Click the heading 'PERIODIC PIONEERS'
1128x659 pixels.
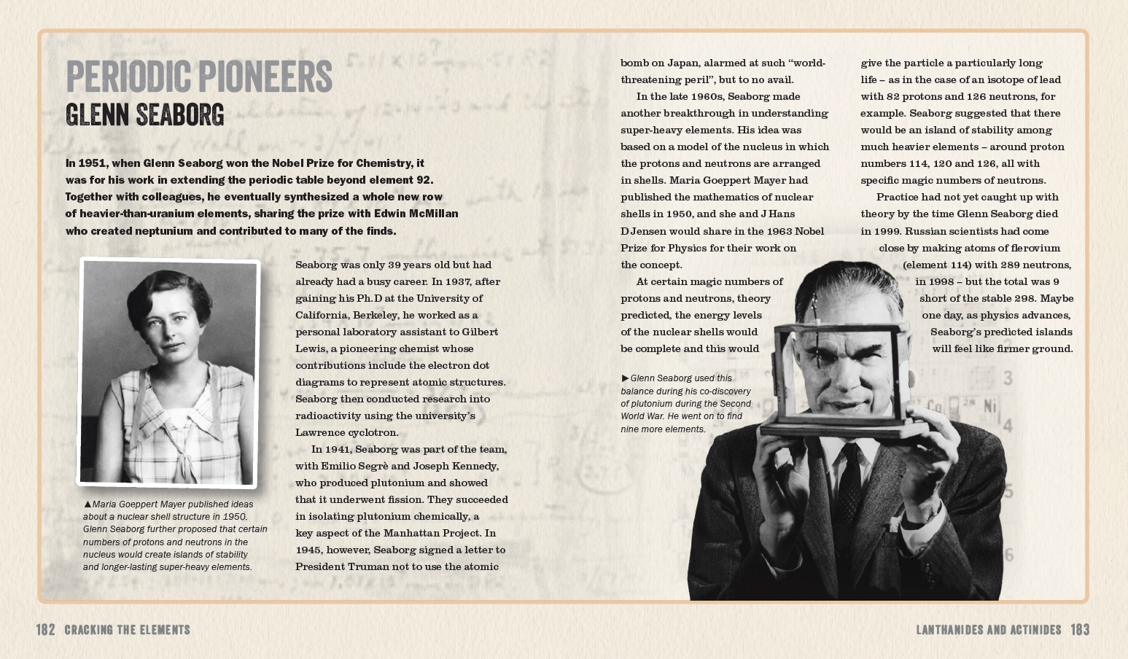pyautogui.click(x=198, y=77)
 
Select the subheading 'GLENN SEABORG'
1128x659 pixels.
pyautogui.click(x=144, y=115)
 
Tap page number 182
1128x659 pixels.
pyautogui.click(x=46, y=630)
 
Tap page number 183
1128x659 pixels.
pyautogui.click(x=1080, y=630)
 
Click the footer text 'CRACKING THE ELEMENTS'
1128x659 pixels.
pyautogui.click(x=127, y=630)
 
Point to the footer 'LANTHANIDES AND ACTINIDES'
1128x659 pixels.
pyautogui.click(x=989, y=630)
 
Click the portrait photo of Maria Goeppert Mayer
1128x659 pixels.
pyautogui.click(x=168, y=372)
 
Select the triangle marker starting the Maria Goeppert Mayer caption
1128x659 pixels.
pyautogui.click(x=87, y=504)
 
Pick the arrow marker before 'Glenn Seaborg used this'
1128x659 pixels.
pyautogui.click(x=625, y=378)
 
